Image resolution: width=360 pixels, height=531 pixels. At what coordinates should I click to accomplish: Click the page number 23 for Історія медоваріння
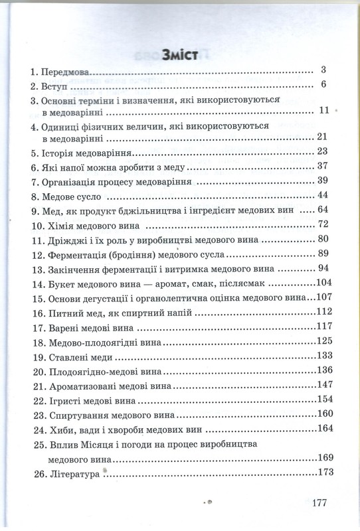tap(323, 151)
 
